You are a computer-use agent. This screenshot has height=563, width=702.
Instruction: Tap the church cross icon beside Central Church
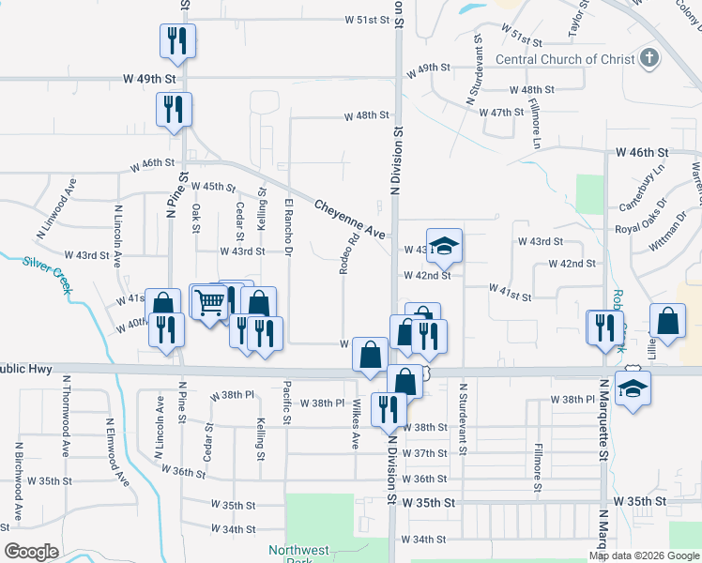coord(648,58)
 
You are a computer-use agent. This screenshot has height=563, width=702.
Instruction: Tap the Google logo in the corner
coord(31,552)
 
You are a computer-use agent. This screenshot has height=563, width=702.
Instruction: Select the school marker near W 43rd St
coord(445,246)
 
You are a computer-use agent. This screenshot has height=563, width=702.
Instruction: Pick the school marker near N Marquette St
coord(633,387)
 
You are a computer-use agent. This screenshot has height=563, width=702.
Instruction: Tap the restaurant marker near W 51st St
coord(176,39)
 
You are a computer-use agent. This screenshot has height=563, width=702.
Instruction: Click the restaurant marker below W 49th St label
coord(174,109)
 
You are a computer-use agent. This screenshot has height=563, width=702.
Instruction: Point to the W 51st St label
coord(366,19)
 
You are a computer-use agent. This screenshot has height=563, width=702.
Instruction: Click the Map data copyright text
coord(644,555)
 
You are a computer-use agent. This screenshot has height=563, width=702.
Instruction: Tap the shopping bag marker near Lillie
coord(666,321)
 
